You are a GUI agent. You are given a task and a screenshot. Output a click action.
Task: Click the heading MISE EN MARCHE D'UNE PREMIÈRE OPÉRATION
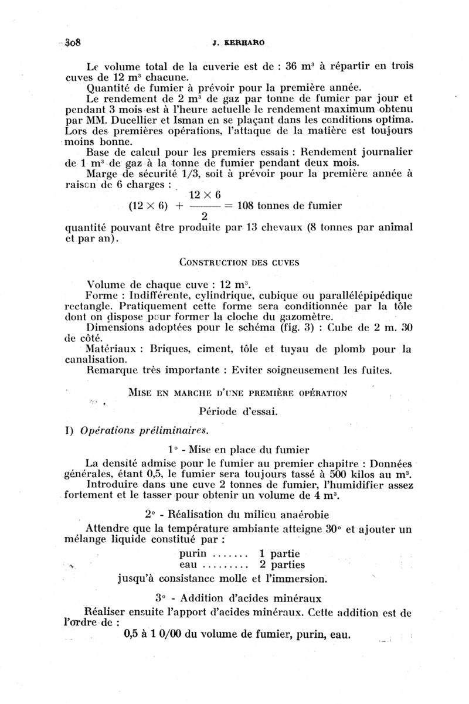[237, 392]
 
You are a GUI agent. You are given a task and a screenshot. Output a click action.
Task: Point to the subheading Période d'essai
[237, 411]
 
